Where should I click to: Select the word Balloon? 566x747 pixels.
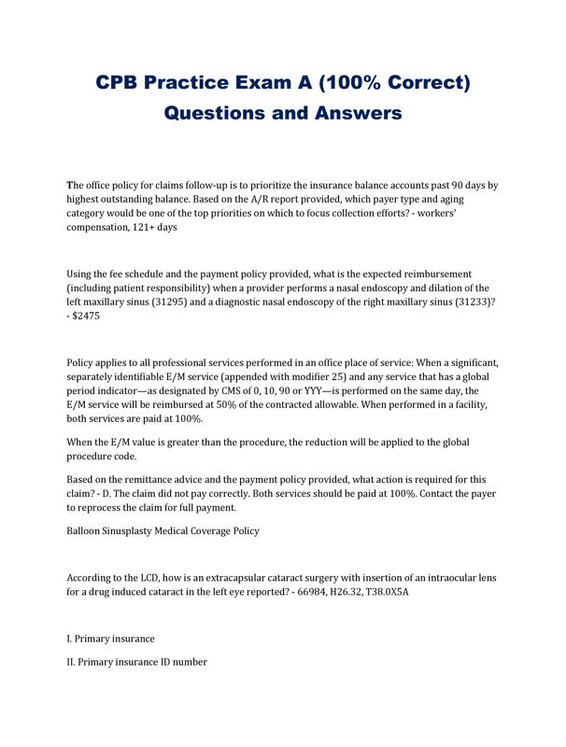point(86,531)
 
